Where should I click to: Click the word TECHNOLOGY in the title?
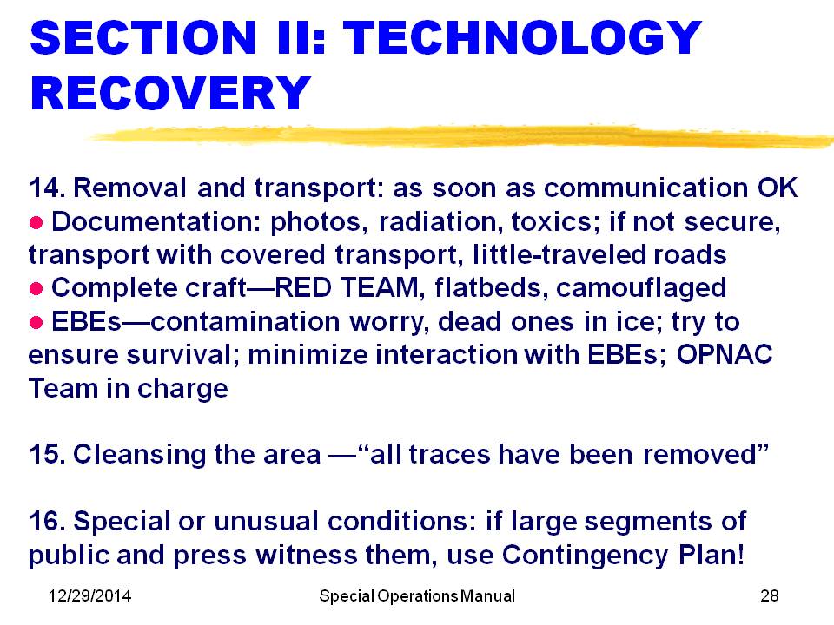(x=522, y=37)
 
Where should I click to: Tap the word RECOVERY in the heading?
(x=171, y=93)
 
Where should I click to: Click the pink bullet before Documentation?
(x=36, y=223)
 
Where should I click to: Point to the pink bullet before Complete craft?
(x=36, y=289)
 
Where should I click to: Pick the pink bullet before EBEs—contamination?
(x=36, y=323)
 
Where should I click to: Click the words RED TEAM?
(x=347, y=287)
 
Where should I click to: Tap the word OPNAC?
(x=725, y=354)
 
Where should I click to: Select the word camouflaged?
(x=641, y=288)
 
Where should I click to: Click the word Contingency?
(x=585, y=556)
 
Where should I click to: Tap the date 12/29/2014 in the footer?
(x=89, y=595)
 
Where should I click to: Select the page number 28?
(x=770, y=595)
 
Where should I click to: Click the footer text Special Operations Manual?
(x=417, y=596)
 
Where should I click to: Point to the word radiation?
(x=441, y=222)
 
